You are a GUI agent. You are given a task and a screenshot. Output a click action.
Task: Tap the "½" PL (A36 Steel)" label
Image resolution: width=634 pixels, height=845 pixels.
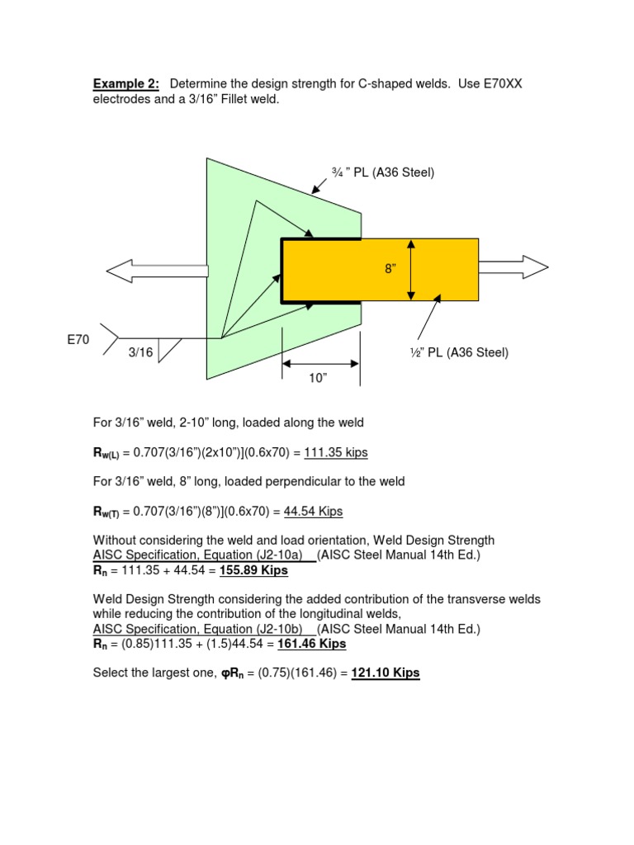pyautogui.click(x=461, y=352)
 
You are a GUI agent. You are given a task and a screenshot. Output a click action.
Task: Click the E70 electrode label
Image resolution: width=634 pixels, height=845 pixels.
pyautogui.click(x=78, y=338)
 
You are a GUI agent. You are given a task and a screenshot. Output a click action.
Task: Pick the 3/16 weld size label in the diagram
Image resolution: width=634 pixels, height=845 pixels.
pyautogui.click(x=141, y=352)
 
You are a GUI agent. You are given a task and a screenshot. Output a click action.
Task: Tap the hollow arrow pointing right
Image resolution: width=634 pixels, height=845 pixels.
pyautogui.click(x=513, y=265)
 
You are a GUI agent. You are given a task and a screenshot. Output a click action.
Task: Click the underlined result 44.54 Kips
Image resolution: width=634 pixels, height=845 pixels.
pyautogui.click(x=313, y=512)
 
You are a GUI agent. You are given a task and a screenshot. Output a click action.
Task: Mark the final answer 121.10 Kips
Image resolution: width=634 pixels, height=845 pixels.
pyautogui.click(x=386, y=673)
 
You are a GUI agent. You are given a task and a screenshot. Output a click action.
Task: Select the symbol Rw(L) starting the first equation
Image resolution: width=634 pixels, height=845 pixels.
pyautogui.click(x=107, y=454)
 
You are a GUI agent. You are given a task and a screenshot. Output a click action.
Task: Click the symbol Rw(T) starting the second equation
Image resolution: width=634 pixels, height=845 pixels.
pyautogui.click(x=107, y=512)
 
